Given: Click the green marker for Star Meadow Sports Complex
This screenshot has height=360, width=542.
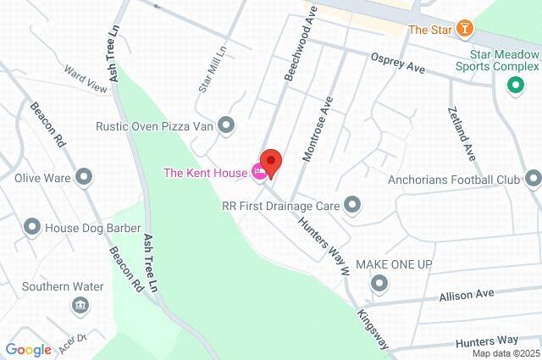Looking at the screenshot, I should click(x=513, y=86).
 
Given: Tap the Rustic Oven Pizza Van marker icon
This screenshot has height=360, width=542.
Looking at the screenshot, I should click(x=225, y=126).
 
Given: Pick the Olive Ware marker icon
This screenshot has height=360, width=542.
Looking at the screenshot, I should click(x=84, y=178).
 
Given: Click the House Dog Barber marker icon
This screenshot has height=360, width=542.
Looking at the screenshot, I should click(x=31, y=226).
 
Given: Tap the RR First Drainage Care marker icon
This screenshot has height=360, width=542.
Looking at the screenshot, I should click(x=352, y=204).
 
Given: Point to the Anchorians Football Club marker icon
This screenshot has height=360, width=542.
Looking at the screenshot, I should click(x=533, y=179).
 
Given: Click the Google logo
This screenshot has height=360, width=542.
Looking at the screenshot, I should click(x=28, y=349).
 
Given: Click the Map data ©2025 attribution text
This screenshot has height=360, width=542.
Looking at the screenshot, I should click(x=506, y=353).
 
